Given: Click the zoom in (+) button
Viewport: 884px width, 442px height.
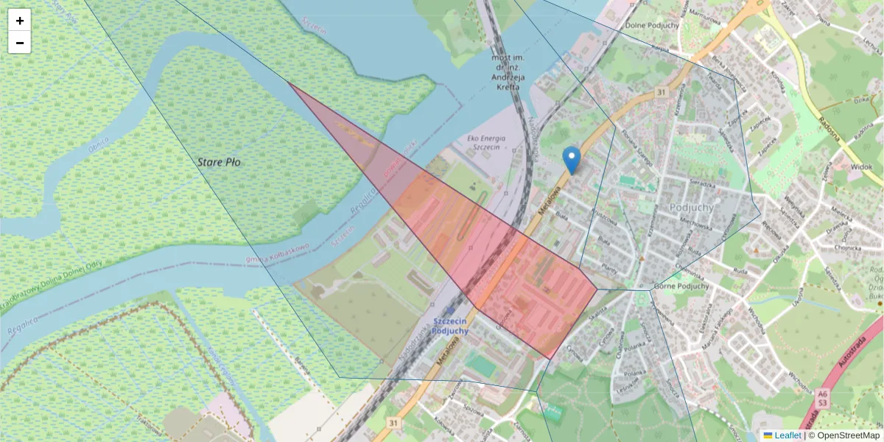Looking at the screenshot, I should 20,21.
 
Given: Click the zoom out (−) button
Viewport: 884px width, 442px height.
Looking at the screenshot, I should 20,43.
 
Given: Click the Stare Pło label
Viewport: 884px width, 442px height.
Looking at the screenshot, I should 219,162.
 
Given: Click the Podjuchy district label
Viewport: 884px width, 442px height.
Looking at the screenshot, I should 692,207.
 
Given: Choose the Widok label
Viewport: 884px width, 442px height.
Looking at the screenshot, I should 861,167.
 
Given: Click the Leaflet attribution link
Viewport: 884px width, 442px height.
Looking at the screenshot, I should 787,435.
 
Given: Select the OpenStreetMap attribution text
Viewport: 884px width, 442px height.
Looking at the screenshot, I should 843,435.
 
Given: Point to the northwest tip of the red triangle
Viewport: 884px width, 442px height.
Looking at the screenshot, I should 288,83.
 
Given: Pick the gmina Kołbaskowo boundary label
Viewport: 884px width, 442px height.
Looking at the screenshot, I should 278,253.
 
